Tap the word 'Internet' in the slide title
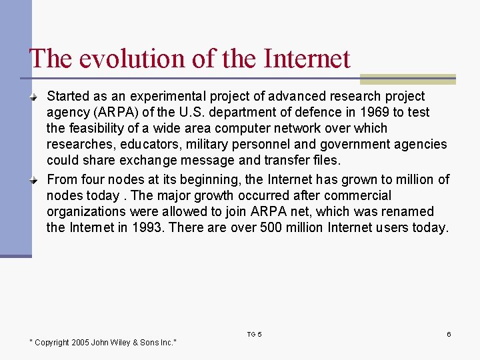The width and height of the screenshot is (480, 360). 307,59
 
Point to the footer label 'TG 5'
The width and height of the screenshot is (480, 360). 254,334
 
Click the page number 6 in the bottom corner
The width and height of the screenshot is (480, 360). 449,334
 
